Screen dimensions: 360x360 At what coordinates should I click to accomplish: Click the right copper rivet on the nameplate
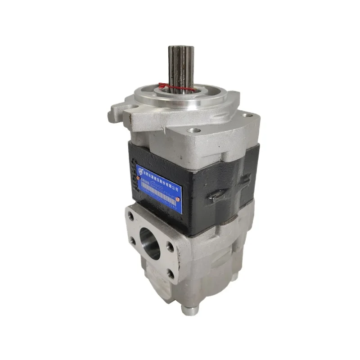[178, 198]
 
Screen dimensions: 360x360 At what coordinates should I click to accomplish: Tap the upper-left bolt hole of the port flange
[131, 216]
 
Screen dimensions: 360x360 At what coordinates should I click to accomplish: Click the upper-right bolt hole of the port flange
[170, 246]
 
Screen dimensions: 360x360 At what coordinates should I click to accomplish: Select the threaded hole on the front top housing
[194, 130]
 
